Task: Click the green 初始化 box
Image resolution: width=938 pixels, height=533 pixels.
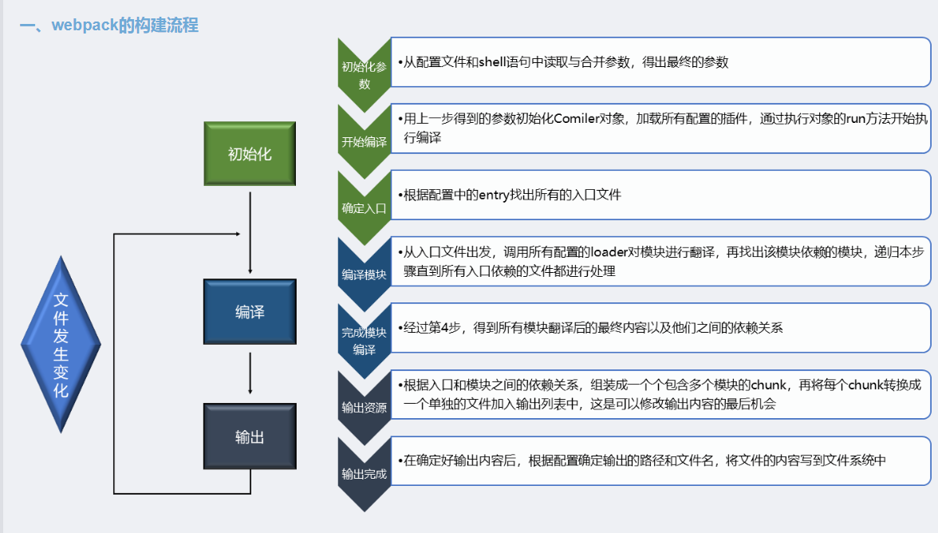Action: click(x=250, y=154)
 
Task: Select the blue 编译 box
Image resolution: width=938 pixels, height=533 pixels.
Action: click(x=250, y=312)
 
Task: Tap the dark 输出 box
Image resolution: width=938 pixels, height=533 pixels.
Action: click(x=250, y=436)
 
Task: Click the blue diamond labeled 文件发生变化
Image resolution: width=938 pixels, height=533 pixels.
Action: click(x=61, y=345)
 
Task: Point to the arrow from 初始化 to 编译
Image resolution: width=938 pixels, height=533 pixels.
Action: click(x=250, y=231)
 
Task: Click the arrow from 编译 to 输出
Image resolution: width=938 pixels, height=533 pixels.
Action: click(x=250, y=373)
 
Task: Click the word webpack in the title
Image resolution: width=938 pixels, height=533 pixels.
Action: click(x=85, y=26)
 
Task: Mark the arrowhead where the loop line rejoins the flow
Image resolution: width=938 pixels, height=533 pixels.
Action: click(x=237, y=235)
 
